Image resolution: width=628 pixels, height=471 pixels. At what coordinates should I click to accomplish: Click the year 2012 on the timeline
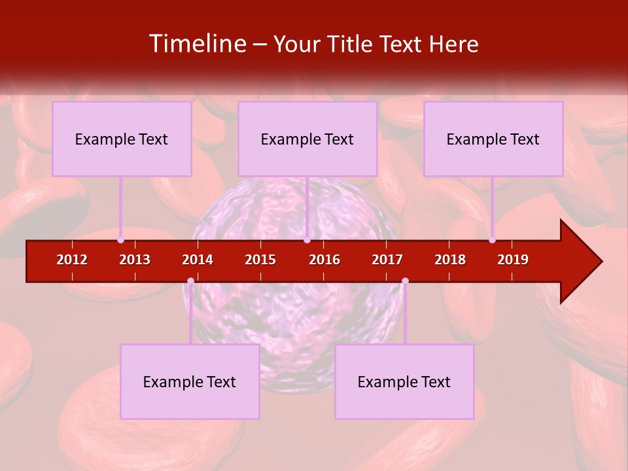[72, 260]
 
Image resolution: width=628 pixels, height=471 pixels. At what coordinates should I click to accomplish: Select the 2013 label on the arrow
[135, 260]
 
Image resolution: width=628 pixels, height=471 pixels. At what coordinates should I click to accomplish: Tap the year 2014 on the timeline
[198, 260]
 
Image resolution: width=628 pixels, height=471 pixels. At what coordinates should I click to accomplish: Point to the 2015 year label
[260, 260]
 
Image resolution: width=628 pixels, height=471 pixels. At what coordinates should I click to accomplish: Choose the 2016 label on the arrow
[324, 260]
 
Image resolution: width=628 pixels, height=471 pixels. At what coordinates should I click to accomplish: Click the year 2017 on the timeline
[387, 260]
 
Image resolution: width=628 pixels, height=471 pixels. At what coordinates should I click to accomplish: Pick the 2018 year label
[450, 260]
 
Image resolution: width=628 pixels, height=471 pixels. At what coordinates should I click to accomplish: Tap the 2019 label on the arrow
[513, 260]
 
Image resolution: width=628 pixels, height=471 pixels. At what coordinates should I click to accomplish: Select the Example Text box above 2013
[122, 139]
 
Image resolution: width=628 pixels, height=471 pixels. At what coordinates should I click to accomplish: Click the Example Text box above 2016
[307, 139]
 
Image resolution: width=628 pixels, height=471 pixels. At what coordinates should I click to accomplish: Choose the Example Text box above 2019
[493, 139]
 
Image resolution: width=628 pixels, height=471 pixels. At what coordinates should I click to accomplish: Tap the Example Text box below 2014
[190, 381]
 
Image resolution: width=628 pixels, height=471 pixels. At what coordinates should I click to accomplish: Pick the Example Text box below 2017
[404, 381]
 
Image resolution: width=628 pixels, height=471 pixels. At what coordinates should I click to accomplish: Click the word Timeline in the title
[197, 44]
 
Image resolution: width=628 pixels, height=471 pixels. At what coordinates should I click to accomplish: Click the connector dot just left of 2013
[120, 239]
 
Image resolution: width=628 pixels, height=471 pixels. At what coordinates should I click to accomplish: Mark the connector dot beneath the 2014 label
[190, 281]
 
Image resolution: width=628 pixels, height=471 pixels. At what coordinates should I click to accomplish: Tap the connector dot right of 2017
[405, 281]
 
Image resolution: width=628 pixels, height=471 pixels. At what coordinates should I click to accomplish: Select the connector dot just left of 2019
[492, 239]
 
